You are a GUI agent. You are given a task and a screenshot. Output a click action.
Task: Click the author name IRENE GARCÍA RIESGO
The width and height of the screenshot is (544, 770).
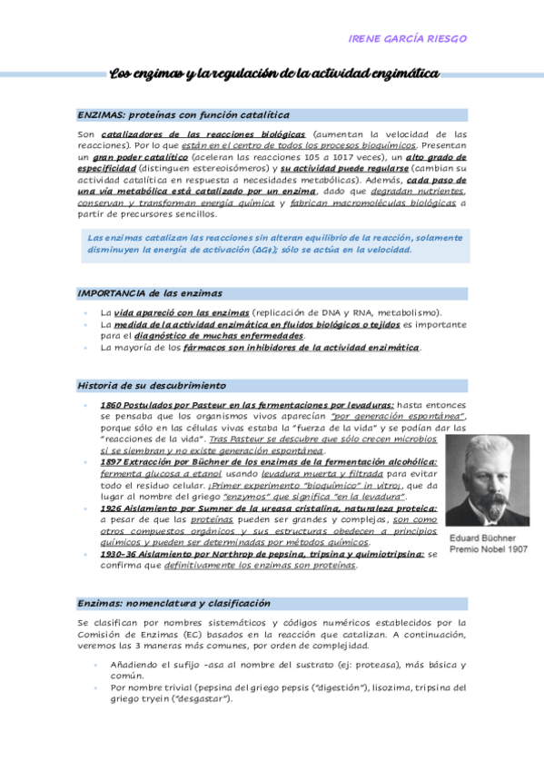coord(408,39)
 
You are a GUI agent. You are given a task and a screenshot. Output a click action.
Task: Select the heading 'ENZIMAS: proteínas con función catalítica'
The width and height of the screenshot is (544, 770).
coord(183,115)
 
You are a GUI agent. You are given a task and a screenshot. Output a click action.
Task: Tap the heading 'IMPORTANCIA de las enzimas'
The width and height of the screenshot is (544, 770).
coord(150,293)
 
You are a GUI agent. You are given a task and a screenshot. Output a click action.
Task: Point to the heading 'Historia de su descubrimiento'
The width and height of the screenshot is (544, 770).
coord(152,385)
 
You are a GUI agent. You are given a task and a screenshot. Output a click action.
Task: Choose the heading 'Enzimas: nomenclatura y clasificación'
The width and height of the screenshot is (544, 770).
coord(174,603)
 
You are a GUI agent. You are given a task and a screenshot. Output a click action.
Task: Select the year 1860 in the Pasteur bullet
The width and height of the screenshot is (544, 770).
coord(114,404)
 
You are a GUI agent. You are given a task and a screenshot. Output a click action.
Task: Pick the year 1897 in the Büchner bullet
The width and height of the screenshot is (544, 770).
coord(114,462)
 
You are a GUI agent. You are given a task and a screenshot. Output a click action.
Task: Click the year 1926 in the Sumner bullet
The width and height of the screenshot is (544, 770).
coord(114,508)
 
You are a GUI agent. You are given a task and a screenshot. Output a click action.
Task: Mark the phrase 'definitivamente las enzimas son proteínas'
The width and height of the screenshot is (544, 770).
coord(261,565)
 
